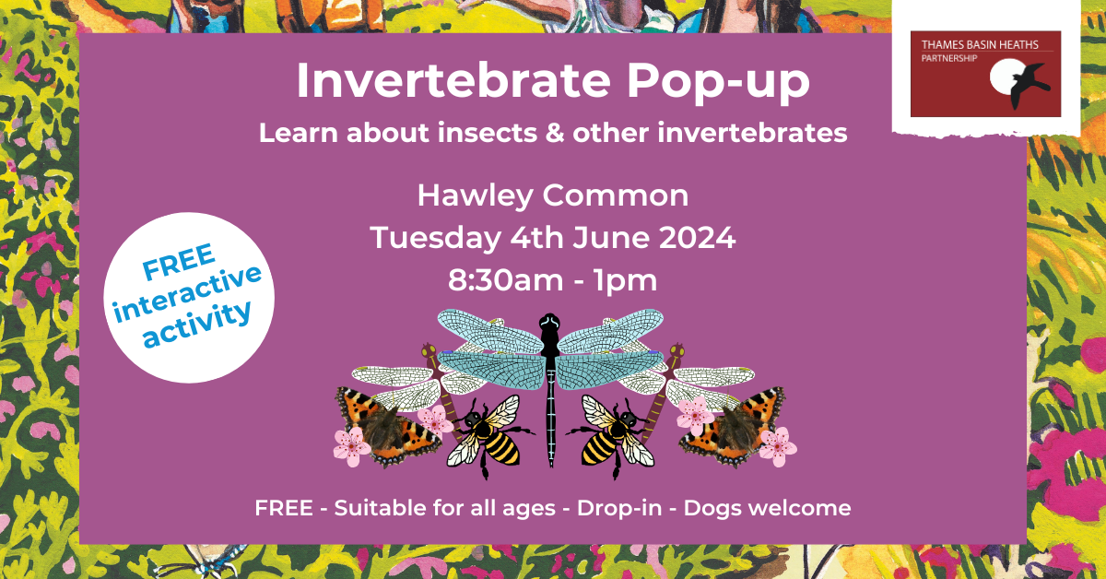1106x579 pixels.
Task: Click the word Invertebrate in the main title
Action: click(453, 80)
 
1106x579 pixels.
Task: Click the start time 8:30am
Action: click(506, 280)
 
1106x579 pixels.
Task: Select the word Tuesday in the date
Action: click(435, 239)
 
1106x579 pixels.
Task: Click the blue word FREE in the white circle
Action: click(179, 261)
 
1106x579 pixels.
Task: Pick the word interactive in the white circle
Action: click(188, 295)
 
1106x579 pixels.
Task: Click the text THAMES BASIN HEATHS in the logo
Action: click(980, 45)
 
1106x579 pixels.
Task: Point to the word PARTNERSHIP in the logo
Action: click(949, 58)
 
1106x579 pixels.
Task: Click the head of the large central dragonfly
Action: click(549, 322)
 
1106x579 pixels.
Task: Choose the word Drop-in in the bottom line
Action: click(619, 509)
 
